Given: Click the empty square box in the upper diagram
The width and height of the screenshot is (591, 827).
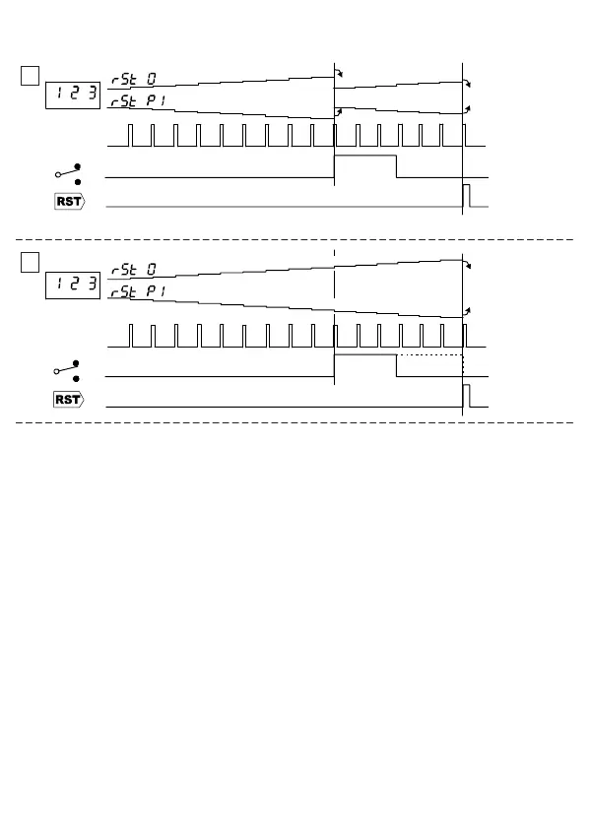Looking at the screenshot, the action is pyautogui.click(x=31, y=75).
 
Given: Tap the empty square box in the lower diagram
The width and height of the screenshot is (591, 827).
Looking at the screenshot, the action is pyautogui.click(x=31, y=263).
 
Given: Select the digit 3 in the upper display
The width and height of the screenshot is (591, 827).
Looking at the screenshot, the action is pyautogui.click(x=92, y=95).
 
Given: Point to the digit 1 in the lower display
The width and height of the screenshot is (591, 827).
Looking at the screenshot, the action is pyautogui.click(x=58, y=285).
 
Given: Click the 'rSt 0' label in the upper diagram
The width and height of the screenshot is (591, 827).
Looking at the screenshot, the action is pyautogui.click(x=133, y=78).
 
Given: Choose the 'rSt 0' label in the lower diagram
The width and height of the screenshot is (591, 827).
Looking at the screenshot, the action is pyautogui.click(x=133, y=268).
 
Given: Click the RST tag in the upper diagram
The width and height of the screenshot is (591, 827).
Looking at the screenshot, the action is pyautogui.click(x=69, y=201).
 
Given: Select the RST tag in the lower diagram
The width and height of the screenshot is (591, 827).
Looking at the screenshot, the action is pyautogui.click(x=69, y=400).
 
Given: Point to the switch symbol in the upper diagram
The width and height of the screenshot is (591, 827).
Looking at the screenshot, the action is pyautogui.click(x=68, y=174).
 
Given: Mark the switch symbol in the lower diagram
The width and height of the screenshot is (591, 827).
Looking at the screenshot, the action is pyautogui.click(x=68, y=372).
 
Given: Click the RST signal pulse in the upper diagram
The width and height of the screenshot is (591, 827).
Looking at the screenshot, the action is pyautogui.click(x=467, y=195).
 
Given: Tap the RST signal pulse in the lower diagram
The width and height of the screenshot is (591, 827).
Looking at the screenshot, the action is pyautogui.click(x=467, y=395).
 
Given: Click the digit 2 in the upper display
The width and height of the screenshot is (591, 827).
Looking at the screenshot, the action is pyautogui.click(x=75, y=95).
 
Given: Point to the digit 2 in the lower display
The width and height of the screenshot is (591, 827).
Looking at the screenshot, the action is pyautogui.click(x=75, y=285).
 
